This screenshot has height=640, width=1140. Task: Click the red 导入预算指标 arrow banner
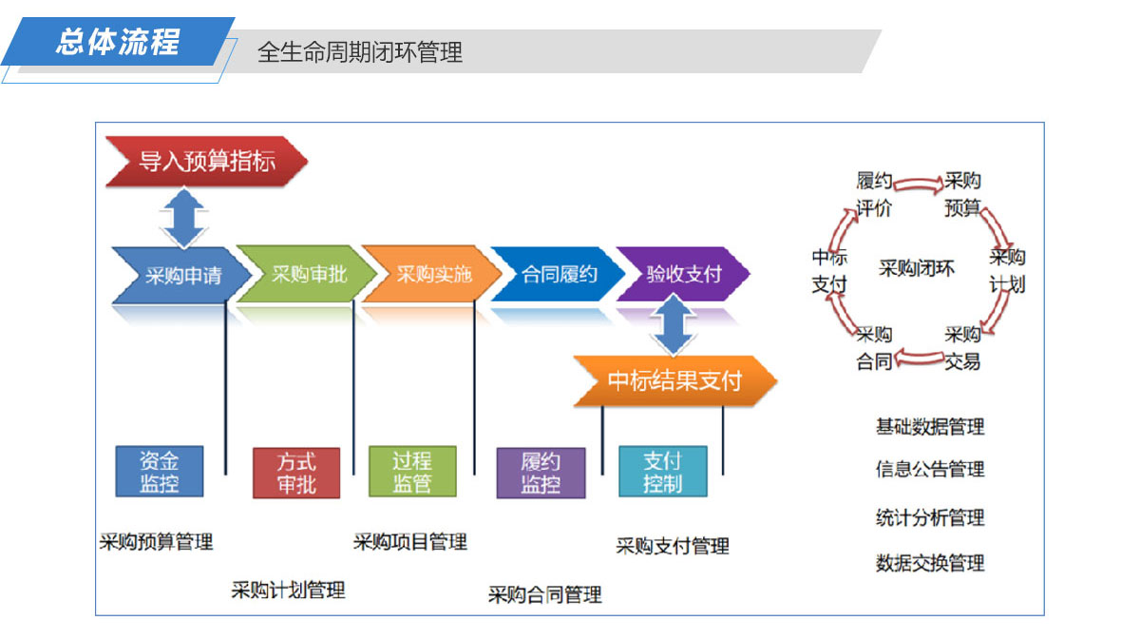tap(206, 161)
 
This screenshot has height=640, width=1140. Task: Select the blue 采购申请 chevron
tap(181, 275)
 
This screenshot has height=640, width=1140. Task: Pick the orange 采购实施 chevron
tap(432, 274)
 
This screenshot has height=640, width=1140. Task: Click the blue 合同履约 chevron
tap(558, 274)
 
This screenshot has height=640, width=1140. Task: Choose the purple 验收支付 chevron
tap(683, 274)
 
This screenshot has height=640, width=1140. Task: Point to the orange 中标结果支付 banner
tap(674, 380)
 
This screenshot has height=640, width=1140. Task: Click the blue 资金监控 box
tap(160, 472)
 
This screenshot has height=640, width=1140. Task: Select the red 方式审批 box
tap(296, 473)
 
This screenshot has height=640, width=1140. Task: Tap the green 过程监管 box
tap(412, 472)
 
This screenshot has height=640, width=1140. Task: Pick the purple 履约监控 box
tap(541, 473)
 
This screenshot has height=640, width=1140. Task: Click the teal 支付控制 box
tap(663, 472)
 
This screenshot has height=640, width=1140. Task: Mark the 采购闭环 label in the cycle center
tap(916, 268)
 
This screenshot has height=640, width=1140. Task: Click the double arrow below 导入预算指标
tap(183, 218)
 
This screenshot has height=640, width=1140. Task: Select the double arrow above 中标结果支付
tap(673, 324)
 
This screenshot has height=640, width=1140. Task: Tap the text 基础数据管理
tap(930, 427)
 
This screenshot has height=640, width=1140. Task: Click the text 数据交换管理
tap(930, 563)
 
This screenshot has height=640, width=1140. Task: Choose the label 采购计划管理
tap(288, 590)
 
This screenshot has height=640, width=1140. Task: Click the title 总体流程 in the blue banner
tap(118, 41)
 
